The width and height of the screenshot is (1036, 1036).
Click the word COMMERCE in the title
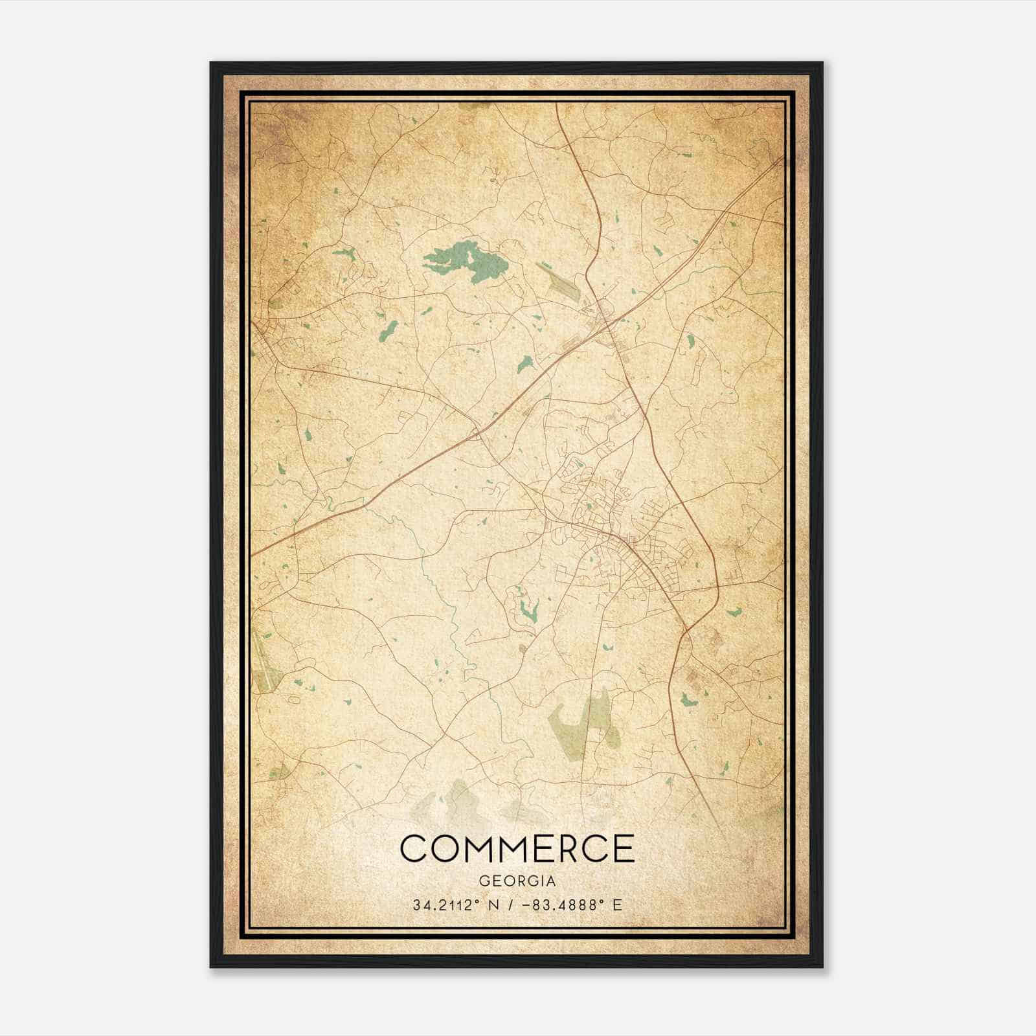[x=517, y=848]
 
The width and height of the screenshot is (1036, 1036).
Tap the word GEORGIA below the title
[x=517, y=881]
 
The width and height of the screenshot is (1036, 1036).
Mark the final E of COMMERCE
[x=623, y=848]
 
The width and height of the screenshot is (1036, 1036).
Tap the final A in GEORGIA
[x=550, y=881]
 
